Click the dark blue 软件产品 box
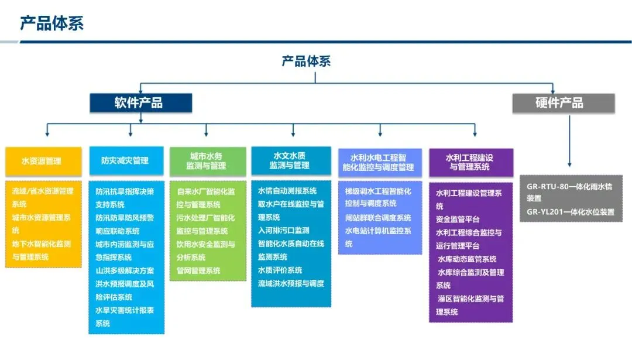pyautogui.click(x=140, y=103)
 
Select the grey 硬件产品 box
pyautogui.click(x=564, y=103)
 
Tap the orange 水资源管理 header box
pyautogui.click(x=43, y=161)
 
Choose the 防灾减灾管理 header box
pyautogui.click(x=126, y=161)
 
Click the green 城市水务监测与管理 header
pyautogui.click(x=208, y=162)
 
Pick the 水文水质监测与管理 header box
pyautogui.click(x=291, y=161)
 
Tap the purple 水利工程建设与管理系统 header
pyautogui.click(x=470, y=162)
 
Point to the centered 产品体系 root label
pyautogui.click(x=306, y=61)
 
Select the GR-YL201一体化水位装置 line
pyautogui.click(x=570, y=212)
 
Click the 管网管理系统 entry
pyautogui.click(x=198, y=270)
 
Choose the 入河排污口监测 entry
pyautogui.click(x=284, y=231)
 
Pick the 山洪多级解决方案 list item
pyautogui.click(x=125, y=270)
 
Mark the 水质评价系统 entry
pyautogui.click(x=280, y=270)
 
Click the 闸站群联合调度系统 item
pyautogui.click(x=378, y=218)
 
